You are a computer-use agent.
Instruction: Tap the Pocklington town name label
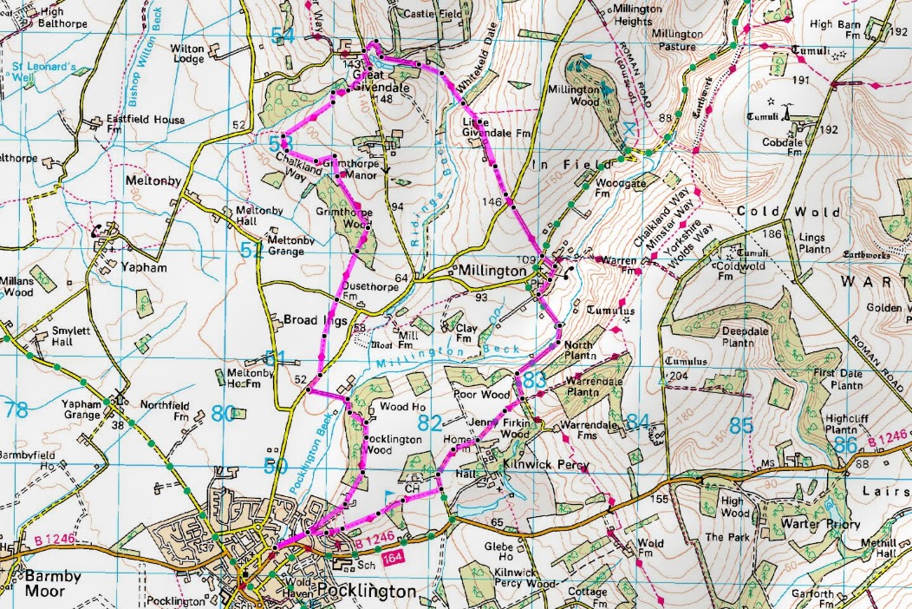[367, 592]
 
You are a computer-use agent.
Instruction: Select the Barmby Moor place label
[41, 584]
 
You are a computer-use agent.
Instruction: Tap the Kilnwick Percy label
[546, 465]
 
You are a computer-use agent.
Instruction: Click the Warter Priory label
[818, 525]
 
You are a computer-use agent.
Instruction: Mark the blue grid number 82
[430, 422]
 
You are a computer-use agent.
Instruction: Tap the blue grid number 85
[740, 425]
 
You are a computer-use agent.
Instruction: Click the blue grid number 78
[16, 409]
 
